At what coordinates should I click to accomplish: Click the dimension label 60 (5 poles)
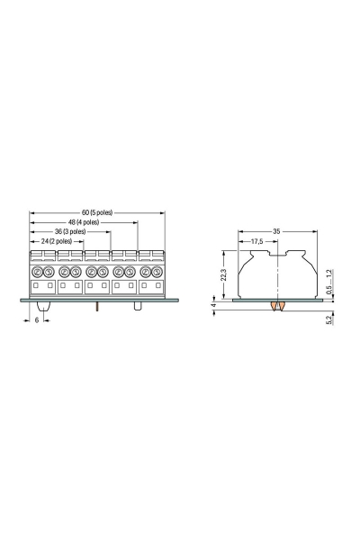point(97,212)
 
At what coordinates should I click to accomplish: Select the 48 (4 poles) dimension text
point(84,222)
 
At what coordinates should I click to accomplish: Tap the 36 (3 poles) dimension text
point(70,232)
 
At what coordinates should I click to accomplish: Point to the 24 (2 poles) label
point(57,241)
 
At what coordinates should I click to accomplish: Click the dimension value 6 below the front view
point(37,320)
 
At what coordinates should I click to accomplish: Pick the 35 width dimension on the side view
point(276,232)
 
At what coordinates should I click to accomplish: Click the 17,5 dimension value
point(256,242)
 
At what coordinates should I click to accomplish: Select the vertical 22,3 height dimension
point(223,274)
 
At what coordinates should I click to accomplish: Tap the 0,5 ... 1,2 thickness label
point(329,282)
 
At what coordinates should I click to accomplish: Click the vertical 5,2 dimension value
point(329,319)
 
